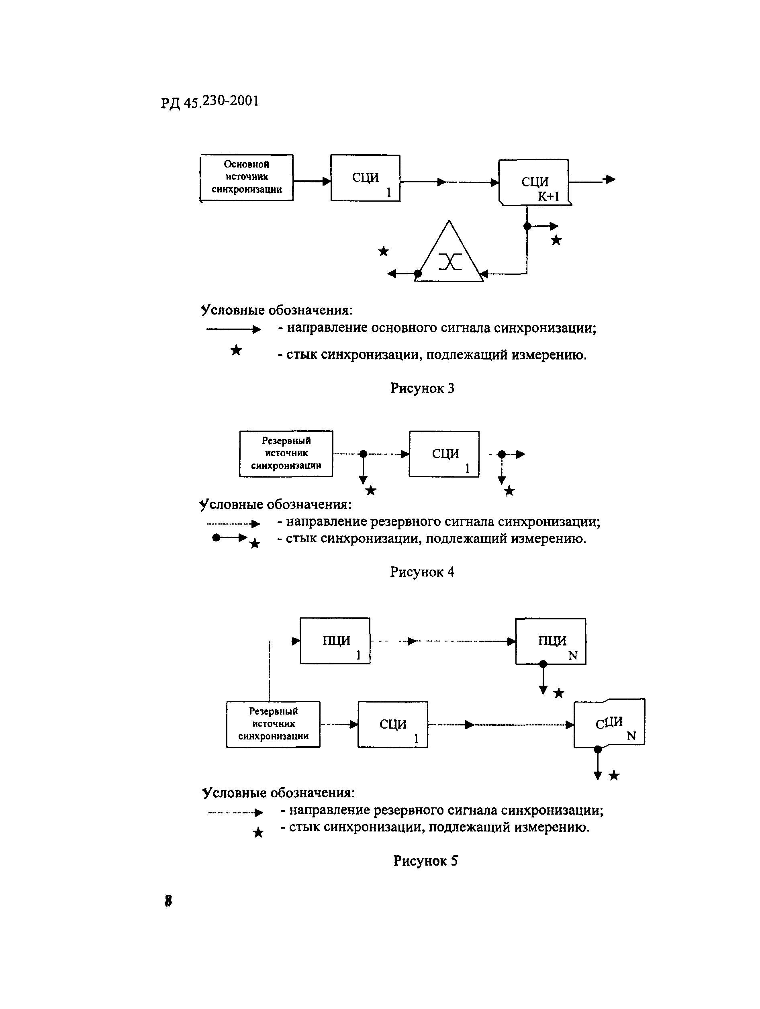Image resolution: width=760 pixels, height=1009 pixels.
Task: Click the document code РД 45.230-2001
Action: point(210,101)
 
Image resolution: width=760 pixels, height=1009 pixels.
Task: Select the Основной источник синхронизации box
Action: point(246,177)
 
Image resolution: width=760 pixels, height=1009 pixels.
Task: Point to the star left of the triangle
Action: point(384,251)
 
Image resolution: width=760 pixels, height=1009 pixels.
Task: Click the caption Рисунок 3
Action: point(422,388)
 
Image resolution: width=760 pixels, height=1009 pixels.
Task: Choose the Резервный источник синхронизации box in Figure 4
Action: point(286,453)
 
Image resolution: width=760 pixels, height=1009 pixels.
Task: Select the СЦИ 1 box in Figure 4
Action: point(444,454)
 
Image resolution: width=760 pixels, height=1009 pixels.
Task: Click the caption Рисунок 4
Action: point(422,572)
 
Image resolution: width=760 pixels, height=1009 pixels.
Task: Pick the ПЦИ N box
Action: point(551,641)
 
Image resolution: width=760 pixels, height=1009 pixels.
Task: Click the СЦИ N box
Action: point(609,724)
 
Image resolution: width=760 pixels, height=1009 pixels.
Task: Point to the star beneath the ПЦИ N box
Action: point(559,693)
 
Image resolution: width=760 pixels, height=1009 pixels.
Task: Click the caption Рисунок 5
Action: point(425,861)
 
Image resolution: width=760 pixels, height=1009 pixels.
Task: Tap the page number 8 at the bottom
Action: point(168,901)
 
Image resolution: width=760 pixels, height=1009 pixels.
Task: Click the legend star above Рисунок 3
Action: point(236,350)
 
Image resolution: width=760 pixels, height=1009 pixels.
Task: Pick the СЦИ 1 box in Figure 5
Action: point(393,724)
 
